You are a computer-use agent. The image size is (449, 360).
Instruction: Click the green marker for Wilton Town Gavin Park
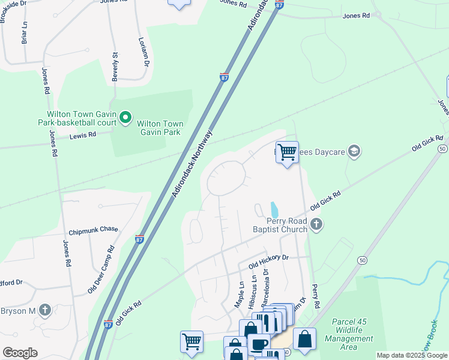(125, 118)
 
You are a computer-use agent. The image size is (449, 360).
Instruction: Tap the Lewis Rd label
(84, 136)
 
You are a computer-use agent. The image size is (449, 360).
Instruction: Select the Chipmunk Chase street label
(94, 230)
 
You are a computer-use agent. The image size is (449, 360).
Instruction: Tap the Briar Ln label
(25, 32)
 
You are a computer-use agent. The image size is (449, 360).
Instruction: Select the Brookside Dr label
(13, 11)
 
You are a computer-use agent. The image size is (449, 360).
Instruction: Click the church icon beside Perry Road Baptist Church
(317, 225)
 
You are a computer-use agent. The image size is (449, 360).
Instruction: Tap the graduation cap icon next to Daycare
(354, 151)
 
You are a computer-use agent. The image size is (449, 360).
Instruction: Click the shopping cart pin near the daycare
(287, 152)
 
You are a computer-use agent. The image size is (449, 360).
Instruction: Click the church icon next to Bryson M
(44, 310)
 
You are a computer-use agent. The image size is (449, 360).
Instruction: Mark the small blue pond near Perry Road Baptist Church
(274, 210)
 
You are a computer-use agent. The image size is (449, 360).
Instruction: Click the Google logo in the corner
(19, 353)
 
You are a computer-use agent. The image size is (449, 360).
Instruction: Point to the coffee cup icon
(259, 344)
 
